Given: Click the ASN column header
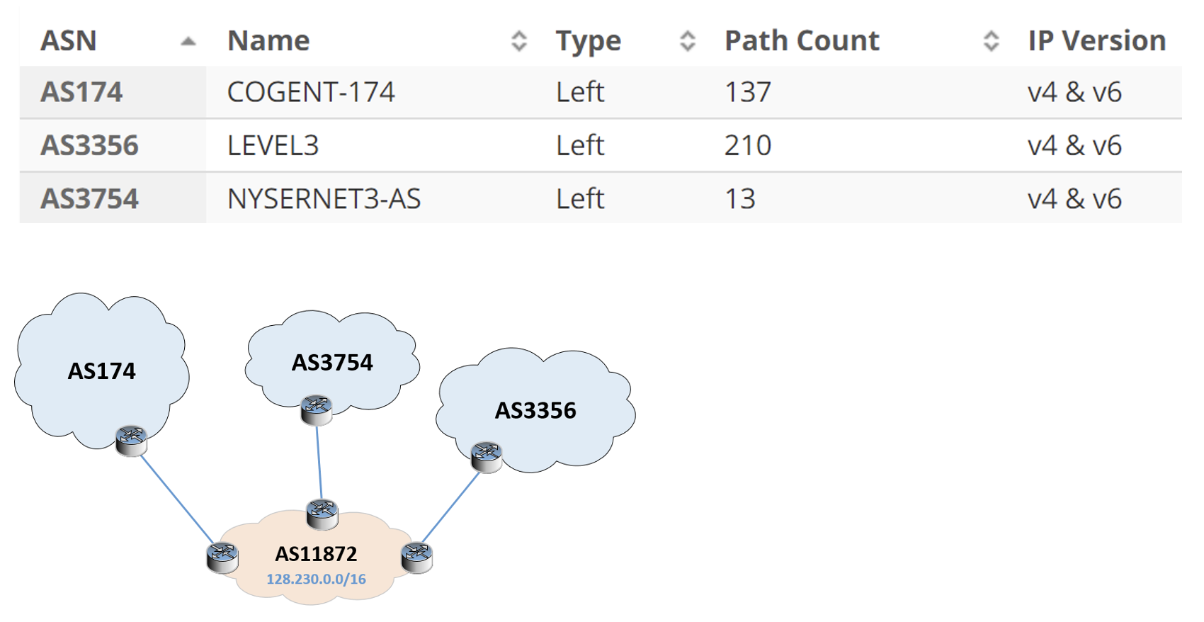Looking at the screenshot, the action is (68, 41).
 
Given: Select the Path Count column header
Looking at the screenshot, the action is (802, 41).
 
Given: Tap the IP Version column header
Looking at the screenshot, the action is (1097, 41).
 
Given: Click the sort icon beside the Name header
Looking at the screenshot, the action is (518, 41).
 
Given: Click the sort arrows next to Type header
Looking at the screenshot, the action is (688, 41).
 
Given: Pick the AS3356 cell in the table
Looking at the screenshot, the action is (89, 146).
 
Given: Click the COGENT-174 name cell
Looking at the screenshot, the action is (311, 92).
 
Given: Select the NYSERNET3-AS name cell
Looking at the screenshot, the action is (324, 199).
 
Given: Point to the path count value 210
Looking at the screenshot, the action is (748, 146).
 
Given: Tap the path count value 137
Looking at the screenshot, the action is (748, 92).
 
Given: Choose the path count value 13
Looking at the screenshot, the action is (740, 199).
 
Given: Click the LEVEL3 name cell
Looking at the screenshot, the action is (273, 146).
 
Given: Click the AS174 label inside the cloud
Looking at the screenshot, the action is (101, 371).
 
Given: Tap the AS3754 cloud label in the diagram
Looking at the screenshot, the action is (332, 363).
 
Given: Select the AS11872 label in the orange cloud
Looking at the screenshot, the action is (316, 554).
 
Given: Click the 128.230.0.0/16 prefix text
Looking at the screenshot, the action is (316, 579).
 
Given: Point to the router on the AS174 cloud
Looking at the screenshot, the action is (131, 441).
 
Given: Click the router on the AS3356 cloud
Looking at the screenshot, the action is (487, 458).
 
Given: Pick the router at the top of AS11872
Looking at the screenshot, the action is (322, 514).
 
